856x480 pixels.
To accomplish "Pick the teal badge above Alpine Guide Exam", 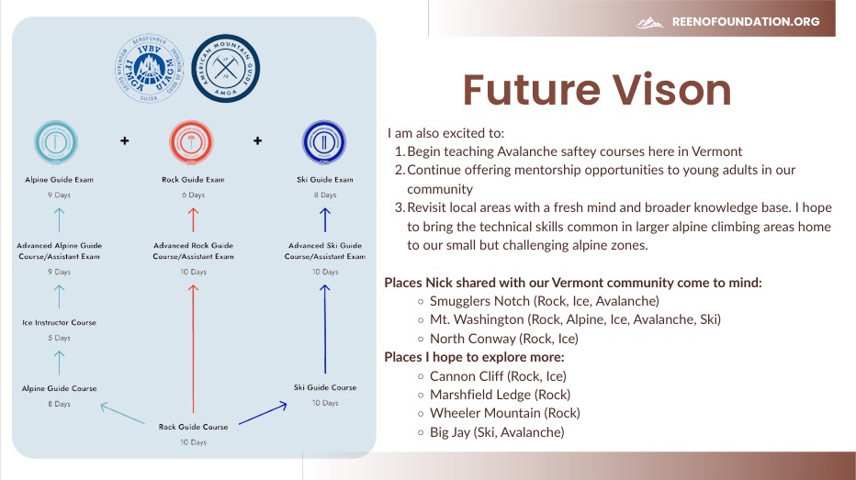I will [60, 141].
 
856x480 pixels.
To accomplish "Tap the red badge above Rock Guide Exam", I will [193, 141].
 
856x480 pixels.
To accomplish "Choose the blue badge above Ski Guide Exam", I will [324, 141].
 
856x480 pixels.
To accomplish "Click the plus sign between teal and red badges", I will [125, 140].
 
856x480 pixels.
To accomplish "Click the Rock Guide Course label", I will [193, 427].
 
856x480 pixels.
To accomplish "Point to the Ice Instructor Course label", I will [60, 323].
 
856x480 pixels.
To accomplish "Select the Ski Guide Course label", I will [325, 388].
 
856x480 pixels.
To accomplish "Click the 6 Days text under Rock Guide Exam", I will [193, 195].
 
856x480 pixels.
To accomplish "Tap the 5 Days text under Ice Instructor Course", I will [60, 338].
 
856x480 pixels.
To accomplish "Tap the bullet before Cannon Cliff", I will [421, 376].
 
